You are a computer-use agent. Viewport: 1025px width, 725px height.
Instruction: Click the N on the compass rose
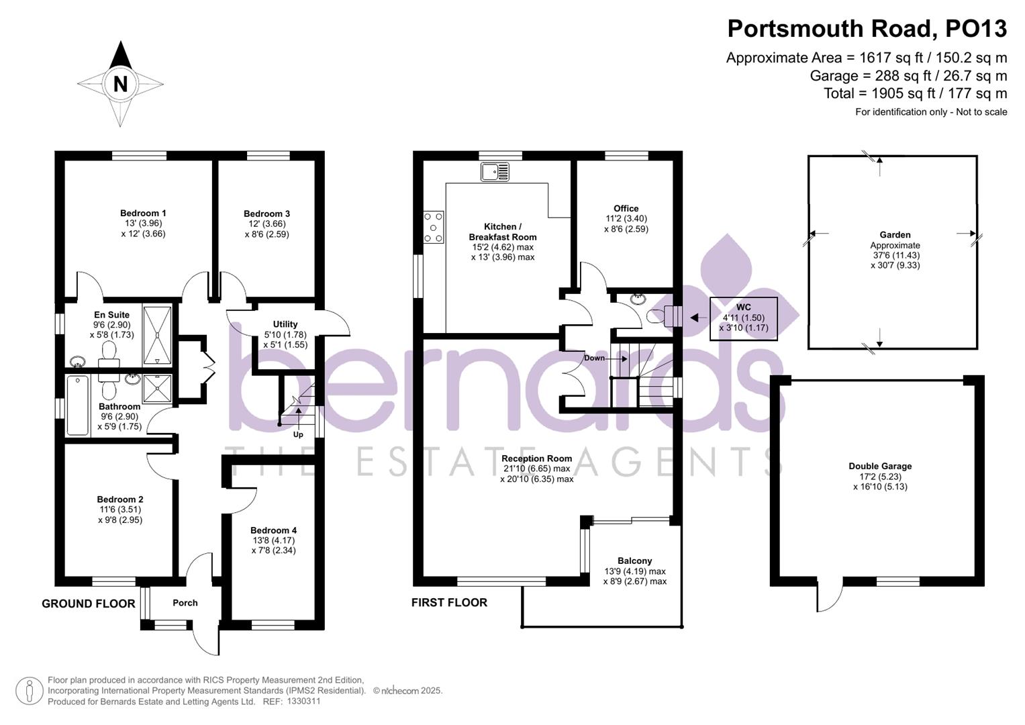point(121,84)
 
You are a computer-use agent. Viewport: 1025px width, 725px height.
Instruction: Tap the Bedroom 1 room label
point(143,213)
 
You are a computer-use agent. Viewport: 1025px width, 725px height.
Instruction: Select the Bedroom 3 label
point(266,214)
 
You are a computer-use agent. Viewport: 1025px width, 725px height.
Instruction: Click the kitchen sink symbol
point(495,172)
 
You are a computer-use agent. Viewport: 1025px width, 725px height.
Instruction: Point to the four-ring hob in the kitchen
point(434,227)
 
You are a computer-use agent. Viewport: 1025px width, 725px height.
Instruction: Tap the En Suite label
point(111,315)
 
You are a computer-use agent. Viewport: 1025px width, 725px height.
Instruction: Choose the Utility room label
point(285,324)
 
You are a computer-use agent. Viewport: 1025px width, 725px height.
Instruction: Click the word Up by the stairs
point(298,434)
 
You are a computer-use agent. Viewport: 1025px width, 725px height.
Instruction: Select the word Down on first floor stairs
point(594,358)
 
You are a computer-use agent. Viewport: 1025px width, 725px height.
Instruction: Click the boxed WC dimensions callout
point(743,318)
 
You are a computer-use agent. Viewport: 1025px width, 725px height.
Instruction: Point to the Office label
point(626,208)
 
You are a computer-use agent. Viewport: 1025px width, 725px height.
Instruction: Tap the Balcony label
point(634,561)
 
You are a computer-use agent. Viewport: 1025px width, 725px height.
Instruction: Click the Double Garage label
point(880,466)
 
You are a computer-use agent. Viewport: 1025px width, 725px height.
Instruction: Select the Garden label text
point(895,235)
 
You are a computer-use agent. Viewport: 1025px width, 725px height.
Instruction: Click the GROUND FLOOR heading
point(89,603)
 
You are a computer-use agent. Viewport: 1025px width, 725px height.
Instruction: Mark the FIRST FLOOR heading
point(449,602)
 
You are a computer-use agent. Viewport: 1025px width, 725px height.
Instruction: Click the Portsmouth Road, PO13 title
point(867,28)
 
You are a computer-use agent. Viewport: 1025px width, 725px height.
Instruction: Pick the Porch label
point(185,603)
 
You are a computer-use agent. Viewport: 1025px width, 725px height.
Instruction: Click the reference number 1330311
point(303,702)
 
